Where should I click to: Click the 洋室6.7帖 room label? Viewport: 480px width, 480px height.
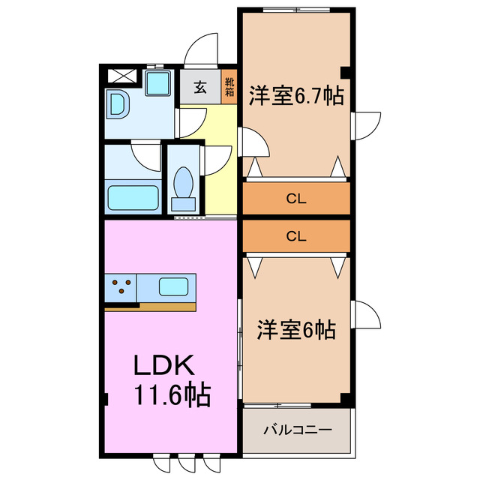click(296, 97)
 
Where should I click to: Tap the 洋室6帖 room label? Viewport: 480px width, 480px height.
click(296, 329)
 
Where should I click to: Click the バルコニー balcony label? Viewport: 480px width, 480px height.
click(297, 430)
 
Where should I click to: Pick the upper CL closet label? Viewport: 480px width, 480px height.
click(296, 199)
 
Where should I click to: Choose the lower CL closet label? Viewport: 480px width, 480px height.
click(296, 235)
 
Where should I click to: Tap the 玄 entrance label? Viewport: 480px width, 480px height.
click(200, 87)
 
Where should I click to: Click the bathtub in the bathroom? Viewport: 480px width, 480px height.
click(133, 199)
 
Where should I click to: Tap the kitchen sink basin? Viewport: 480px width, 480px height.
click(174, 286)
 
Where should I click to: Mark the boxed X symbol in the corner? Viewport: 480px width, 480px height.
click(120, 76)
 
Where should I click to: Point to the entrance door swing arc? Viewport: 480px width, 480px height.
click(201, 48)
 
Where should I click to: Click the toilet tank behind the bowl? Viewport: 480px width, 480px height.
click(183, 202)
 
